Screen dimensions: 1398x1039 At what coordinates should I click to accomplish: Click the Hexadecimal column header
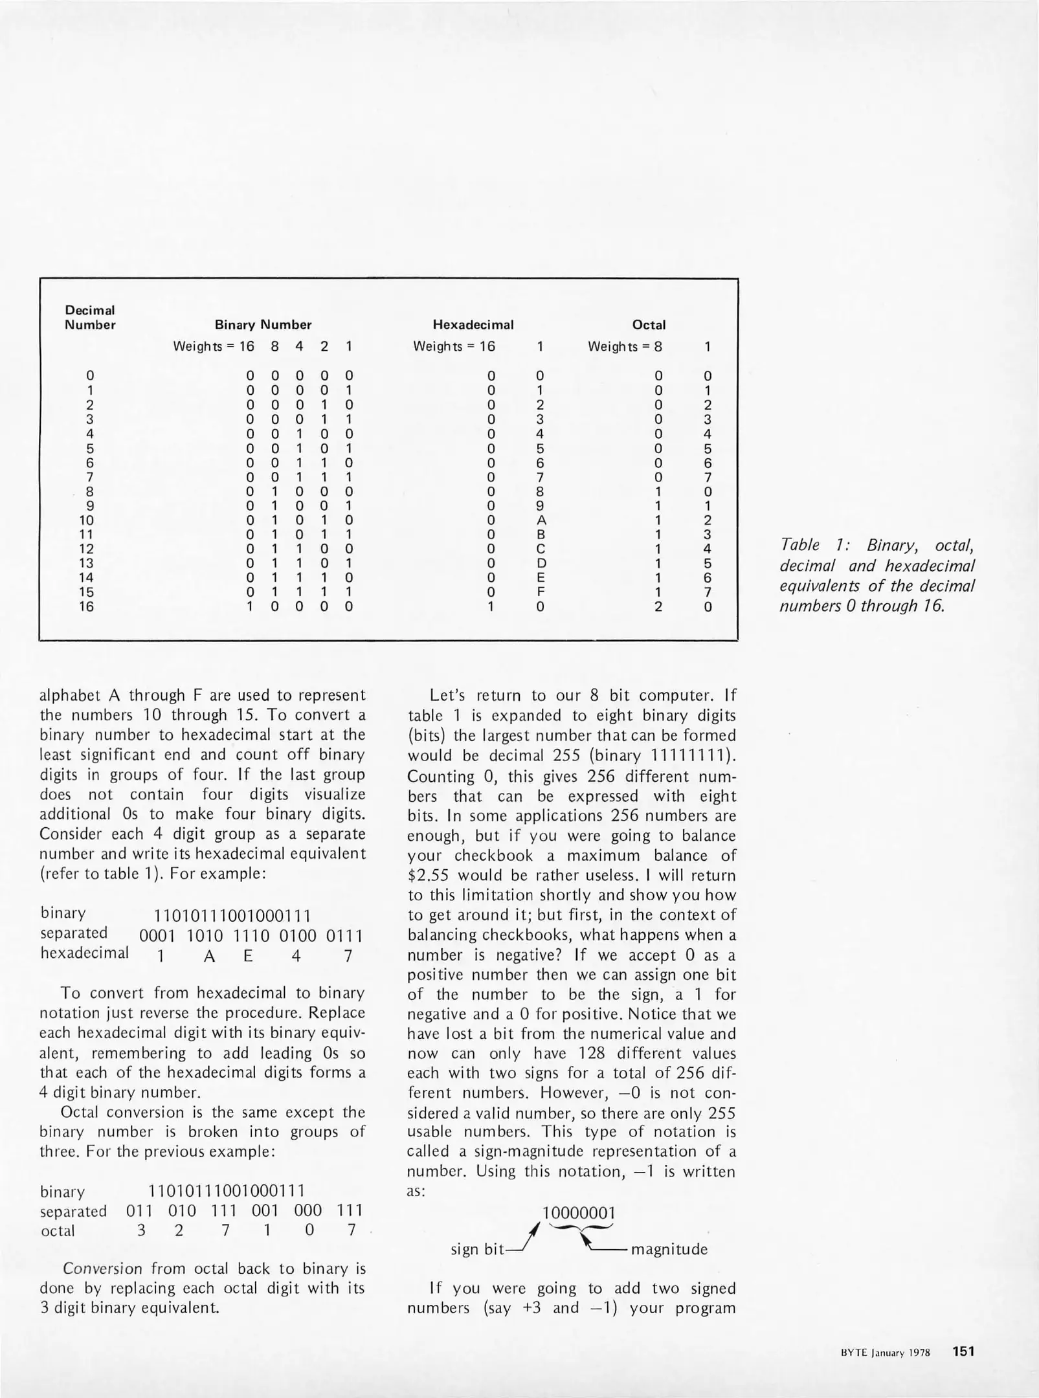click(473, 325)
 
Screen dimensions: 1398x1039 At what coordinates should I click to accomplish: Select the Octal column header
click(649, 325)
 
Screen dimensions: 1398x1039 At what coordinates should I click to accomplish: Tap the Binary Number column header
click(263, 325)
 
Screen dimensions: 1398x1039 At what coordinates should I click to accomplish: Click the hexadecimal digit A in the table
click(542, 520)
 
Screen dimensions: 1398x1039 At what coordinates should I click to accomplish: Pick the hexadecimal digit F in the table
click(541, 592)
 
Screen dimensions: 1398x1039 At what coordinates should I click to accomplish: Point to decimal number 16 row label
click(86, 606)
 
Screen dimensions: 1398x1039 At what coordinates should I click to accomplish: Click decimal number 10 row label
click(86, 520)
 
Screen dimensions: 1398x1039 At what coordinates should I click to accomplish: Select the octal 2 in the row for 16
click(658, 606)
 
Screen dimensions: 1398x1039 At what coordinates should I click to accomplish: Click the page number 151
click(963, 1351)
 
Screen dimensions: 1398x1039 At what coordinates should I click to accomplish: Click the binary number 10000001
click(578, 1212)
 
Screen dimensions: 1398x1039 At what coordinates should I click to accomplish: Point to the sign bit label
click(476, 1249)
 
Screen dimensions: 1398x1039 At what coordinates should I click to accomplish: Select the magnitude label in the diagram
click(669, 1249)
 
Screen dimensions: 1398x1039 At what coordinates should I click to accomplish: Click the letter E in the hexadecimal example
click(248, 956)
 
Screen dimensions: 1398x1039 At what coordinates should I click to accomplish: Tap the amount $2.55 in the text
click(432, 876)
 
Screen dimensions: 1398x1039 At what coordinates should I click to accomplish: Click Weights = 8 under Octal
click(624, 346)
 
